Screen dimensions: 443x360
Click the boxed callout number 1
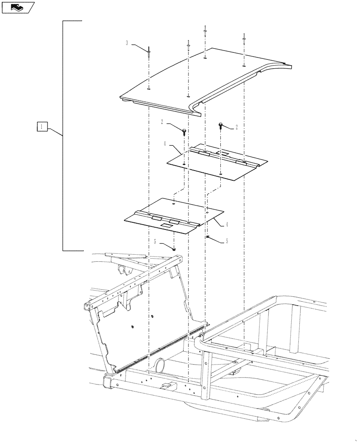(x=41, y=127)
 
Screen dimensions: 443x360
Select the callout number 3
(x=127, y=43)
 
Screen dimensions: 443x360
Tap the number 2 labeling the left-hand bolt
(x=163, y=121)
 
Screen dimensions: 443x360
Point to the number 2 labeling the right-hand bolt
(x=236, y=128)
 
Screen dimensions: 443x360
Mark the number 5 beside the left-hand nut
(x=155, y=242)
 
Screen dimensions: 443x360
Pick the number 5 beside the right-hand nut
(x=227, y=241)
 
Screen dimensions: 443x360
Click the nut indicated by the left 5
(x=174, y=249)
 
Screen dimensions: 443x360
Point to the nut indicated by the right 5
(x=207, y=237)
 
